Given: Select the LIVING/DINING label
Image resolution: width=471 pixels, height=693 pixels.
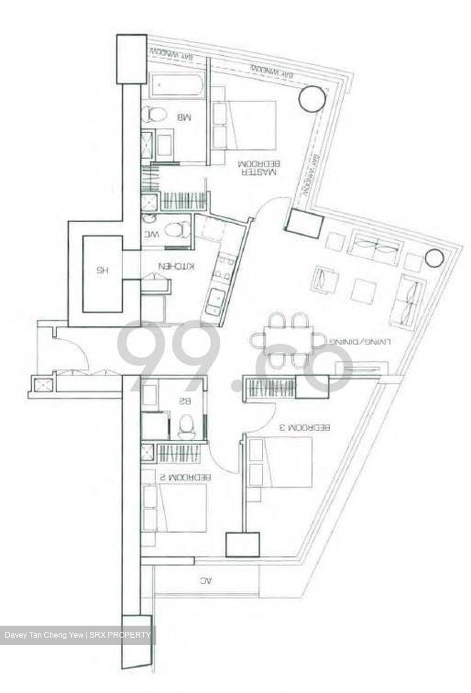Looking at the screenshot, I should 360,342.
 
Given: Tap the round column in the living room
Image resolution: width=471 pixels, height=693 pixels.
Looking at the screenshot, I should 434,258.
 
